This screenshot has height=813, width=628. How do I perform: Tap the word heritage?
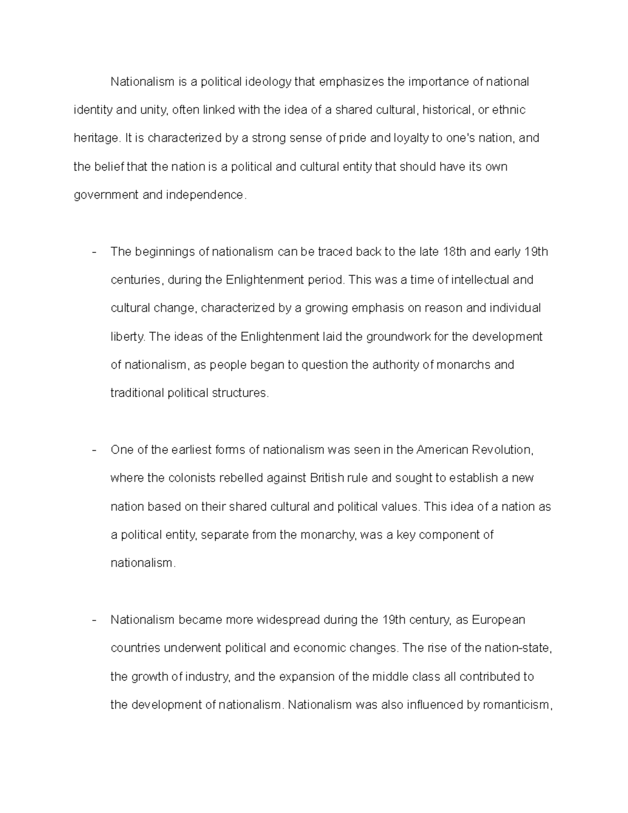click(x=96, y=139)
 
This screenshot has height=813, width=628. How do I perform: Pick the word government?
click(x=106, y=195)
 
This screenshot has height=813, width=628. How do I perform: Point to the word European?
click(x=498, y=620)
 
